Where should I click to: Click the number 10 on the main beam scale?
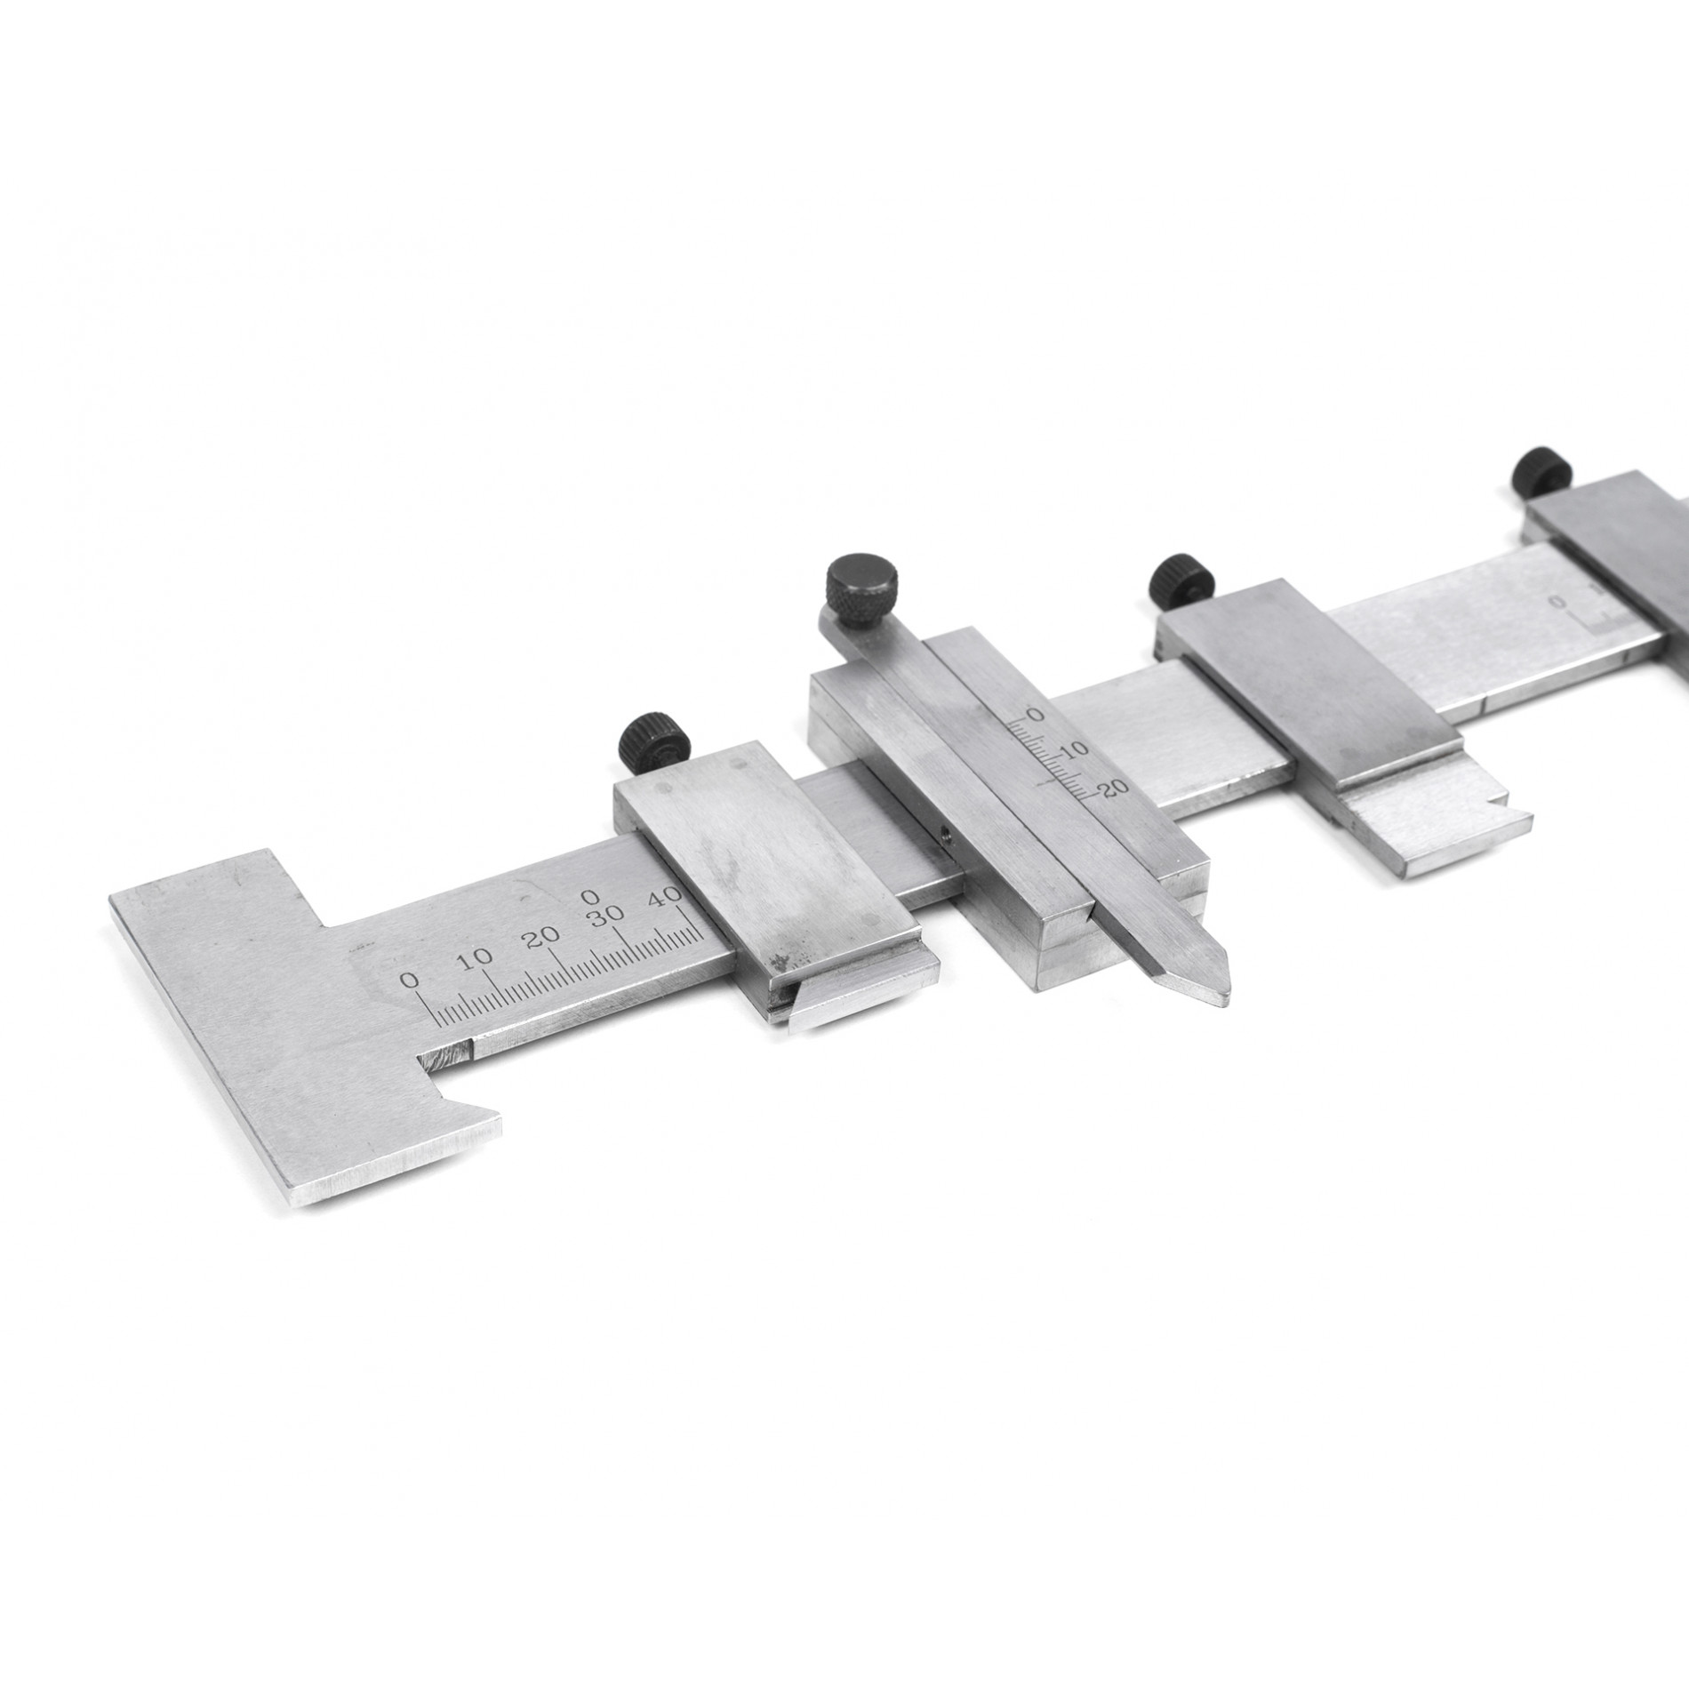point(478,957)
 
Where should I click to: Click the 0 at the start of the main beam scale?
point(410,981)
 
